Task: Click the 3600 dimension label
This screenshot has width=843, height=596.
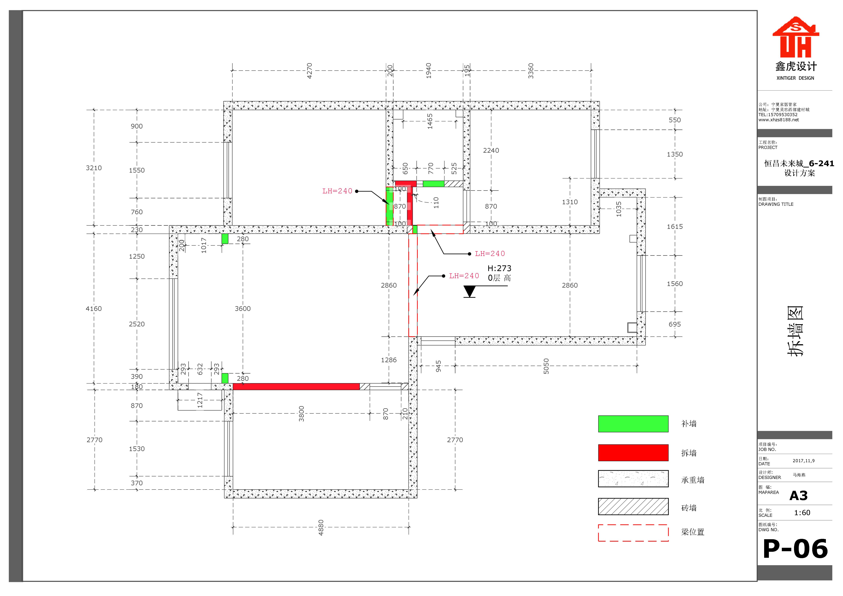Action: click(243, 309)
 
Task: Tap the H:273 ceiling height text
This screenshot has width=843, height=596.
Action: click(499, 268)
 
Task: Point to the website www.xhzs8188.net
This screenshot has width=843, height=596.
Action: click(779, 120)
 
